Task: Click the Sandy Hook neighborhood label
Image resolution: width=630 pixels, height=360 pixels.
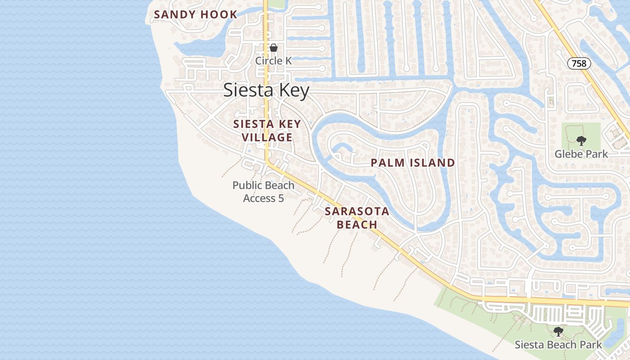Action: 195,14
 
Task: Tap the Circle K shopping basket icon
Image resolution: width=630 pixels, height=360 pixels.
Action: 273,48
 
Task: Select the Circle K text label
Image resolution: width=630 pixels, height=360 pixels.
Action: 274,60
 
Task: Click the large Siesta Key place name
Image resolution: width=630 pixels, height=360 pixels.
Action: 266,90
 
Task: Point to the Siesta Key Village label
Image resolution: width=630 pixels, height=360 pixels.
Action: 267,130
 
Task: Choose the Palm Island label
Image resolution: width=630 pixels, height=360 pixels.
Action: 413,163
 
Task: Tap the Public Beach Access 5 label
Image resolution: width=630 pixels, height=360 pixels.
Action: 264,192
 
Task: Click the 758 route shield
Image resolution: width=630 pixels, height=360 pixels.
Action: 579,63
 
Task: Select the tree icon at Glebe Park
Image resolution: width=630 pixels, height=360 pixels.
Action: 581,141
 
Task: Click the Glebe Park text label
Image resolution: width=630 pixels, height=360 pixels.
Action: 581,154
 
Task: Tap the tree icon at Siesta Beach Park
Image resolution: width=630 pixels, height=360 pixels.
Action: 558,332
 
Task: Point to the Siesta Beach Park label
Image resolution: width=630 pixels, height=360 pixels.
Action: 558,345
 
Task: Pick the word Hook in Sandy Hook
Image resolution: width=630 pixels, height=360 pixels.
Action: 219,14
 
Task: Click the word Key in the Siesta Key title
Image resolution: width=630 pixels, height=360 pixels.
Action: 293,90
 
